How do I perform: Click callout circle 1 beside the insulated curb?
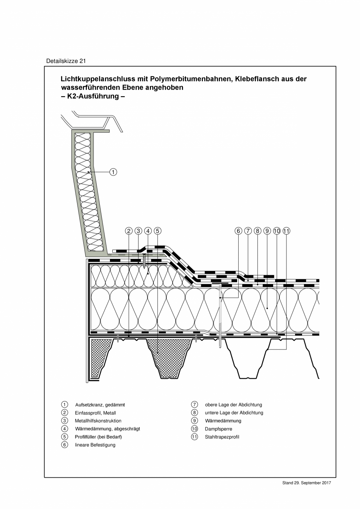[x=113, y=172]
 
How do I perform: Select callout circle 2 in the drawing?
[x=129, y=231]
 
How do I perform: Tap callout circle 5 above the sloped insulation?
[x=157, y=231]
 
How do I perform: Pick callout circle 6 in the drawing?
[x=238, y=231]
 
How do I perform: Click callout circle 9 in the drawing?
[x=267, y=231]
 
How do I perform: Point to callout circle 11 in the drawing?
[x=286, y=231]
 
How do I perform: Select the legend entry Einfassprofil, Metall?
[x=95, y=413]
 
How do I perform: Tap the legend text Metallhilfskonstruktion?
[x=98, y=421]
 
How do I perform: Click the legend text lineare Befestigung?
[x=95, y=445]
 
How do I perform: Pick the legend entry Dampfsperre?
[x=218, y=429]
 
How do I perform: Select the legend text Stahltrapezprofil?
[x=222, y=437]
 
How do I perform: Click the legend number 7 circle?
[x=194, y=405]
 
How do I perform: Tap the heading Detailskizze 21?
[x=66, y=61]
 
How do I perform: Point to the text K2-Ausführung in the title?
[x=93, y=96]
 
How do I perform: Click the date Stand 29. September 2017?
[x=306, y=483]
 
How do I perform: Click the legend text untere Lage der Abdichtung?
[x=234, y=413]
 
